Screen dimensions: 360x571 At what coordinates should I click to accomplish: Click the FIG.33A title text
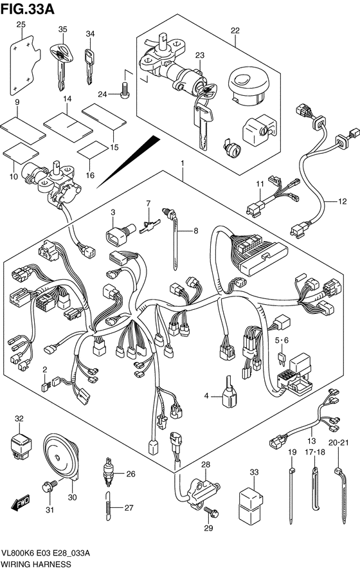[28, 8]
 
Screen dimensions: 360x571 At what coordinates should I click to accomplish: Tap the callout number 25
[21, 25]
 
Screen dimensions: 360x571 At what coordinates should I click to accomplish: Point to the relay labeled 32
[21, 446]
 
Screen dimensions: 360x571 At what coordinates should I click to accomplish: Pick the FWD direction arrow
[21, 503]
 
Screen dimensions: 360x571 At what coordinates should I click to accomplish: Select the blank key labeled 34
[89, 66]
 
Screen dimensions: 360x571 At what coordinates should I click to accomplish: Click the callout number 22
[235, 31]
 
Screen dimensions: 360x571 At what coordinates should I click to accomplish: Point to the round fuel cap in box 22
[248, 86]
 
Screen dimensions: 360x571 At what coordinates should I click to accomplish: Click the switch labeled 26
[108, 471]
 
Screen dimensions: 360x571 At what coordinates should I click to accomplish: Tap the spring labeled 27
[108, 506]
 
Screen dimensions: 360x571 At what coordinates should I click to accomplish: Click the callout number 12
[342, 201]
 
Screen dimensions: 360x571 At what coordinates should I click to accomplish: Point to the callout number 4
[206, 395]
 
